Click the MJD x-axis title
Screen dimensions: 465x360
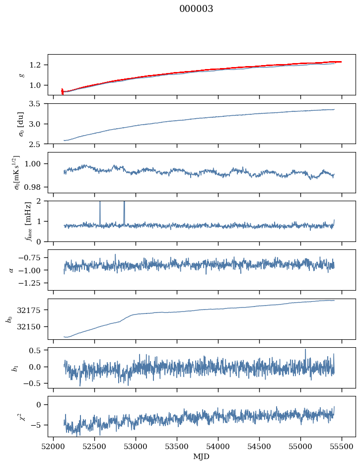click(x=202, y=457)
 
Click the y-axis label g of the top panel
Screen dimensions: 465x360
click(x=21, y=75)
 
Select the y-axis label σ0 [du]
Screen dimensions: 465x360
click(x=21, y=123)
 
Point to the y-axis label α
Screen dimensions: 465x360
click(x=11, y=270)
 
